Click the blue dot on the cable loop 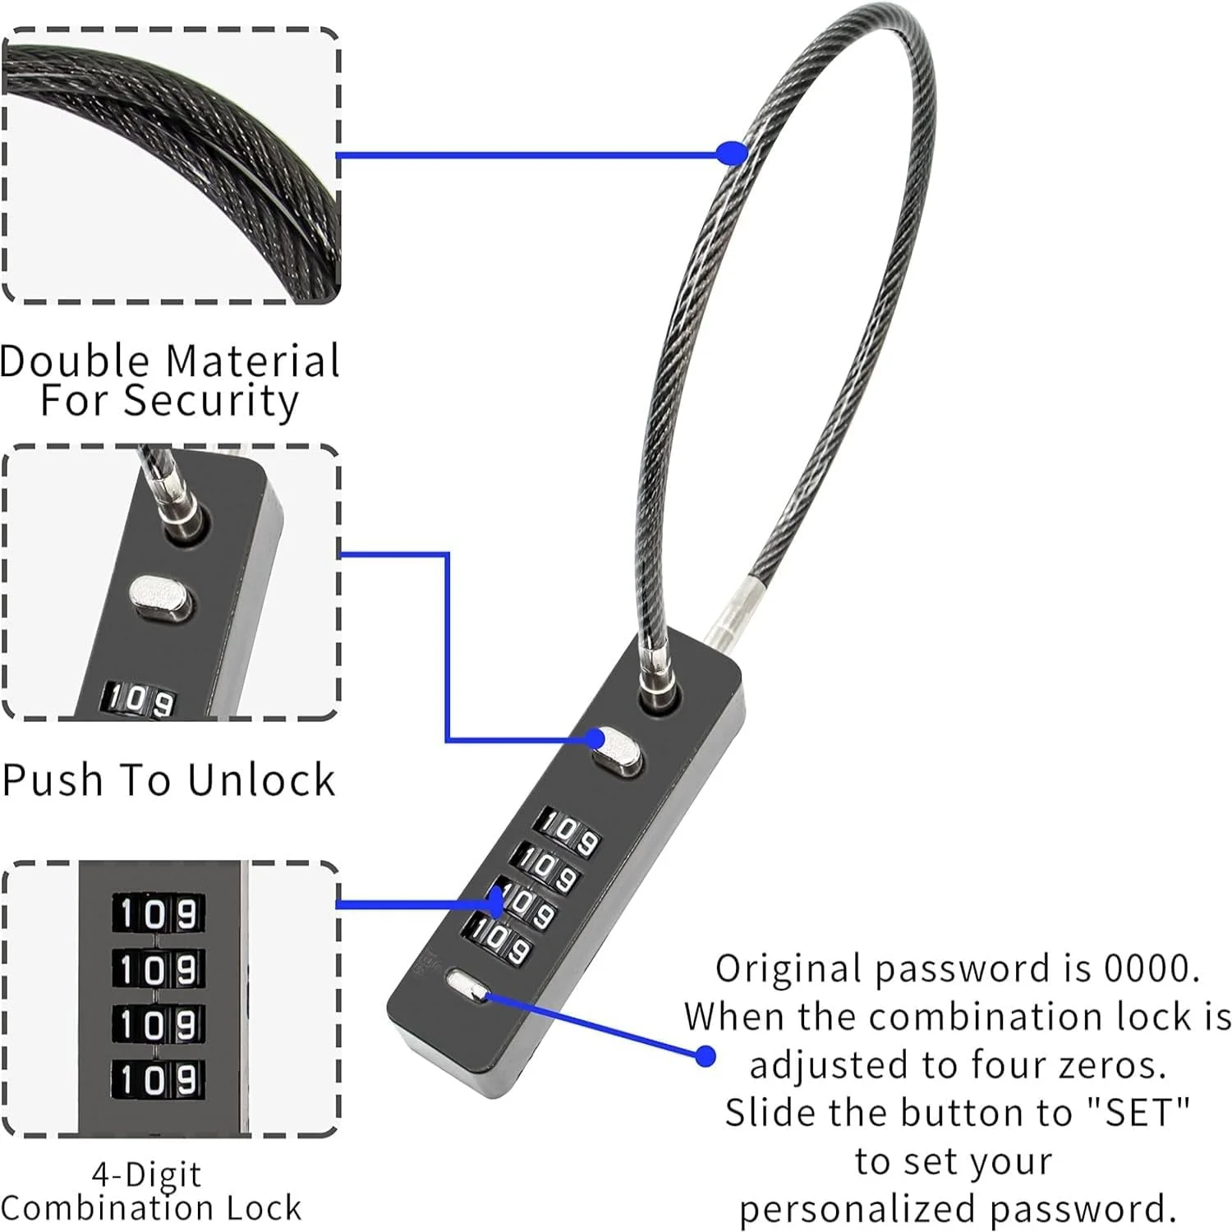point(732,154)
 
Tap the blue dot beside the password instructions point(705,1056)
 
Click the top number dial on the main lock point(568,832)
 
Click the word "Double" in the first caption point(75,361)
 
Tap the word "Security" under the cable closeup point(211,402)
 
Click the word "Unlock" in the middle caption point(261,780)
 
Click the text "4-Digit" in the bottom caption point(146,1175)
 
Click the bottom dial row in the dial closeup point(158,1078)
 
